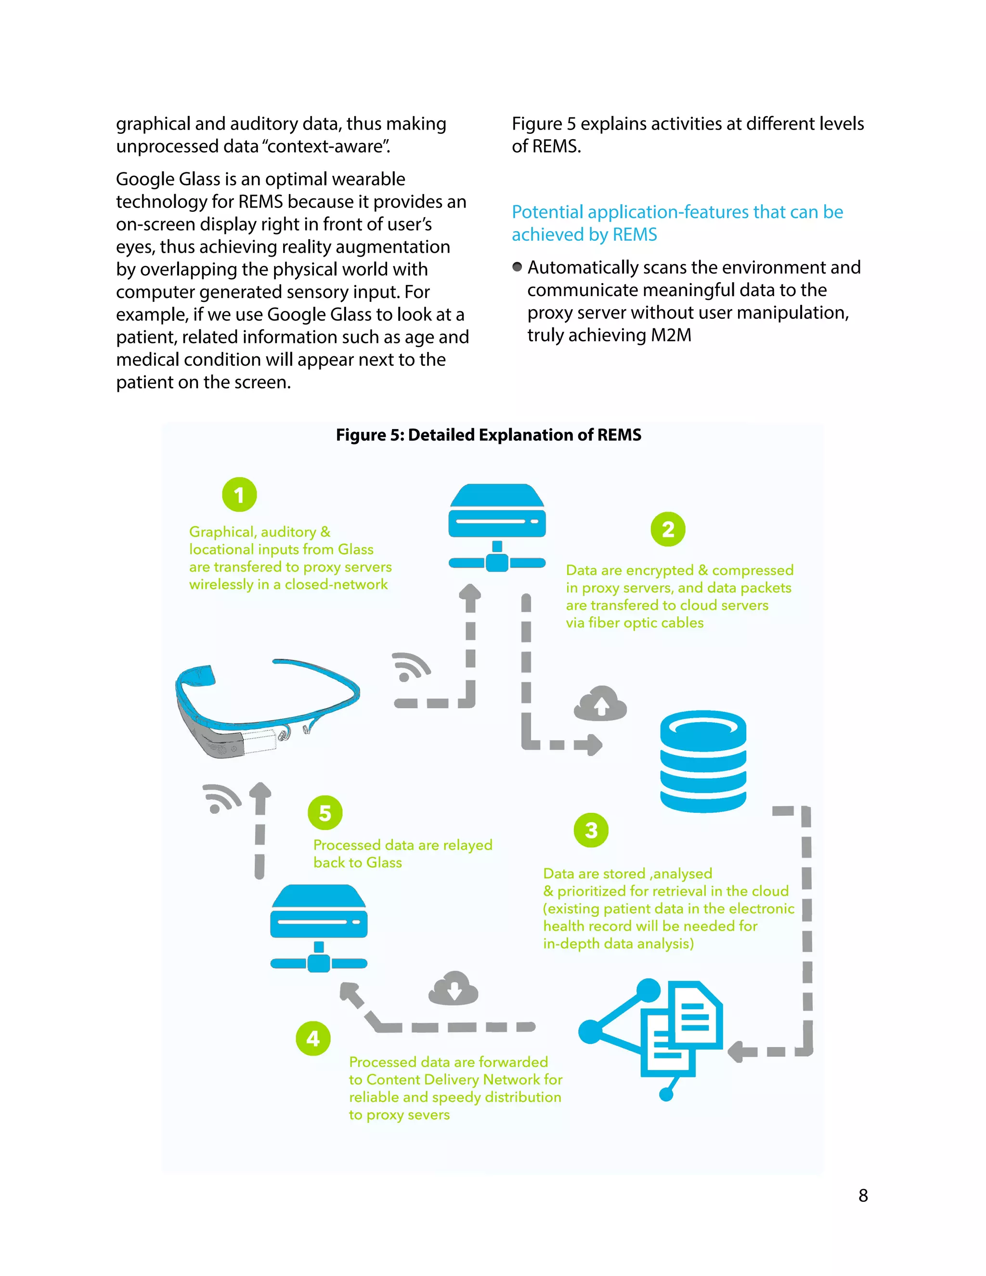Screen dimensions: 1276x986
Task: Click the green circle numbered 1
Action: (239, 495)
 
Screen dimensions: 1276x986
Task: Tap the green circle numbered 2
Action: (668, 529)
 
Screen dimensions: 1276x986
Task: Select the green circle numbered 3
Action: (591, 830)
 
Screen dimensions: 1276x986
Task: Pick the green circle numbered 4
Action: (313, 1038)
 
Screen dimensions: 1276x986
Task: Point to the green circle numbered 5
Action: (325, 813)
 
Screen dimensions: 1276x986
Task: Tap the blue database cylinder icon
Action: (703, 761)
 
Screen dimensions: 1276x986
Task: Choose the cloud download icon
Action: (453, 989)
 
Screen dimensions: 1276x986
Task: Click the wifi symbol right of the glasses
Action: (411, 667)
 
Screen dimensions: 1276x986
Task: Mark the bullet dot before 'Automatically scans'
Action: (517, 267)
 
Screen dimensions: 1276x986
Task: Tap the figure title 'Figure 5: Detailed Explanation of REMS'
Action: (488, 435)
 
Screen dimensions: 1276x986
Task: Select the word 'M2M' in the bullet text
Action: (671, 335)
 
